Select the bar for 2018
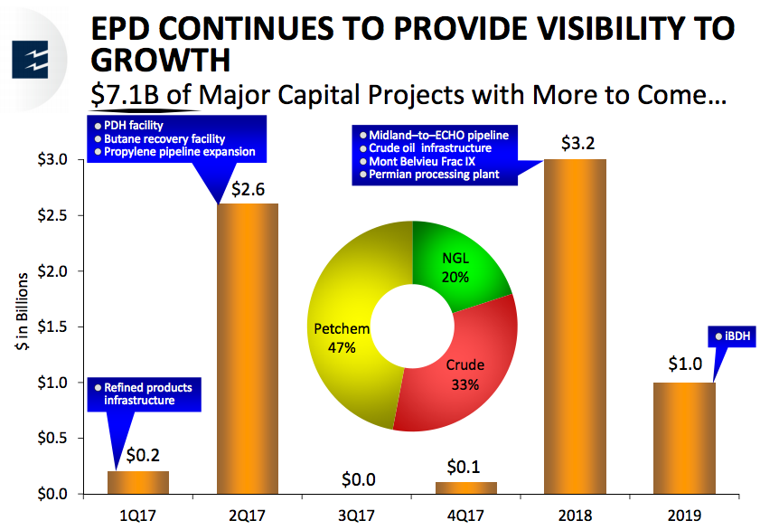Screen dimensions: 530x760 point(575,327)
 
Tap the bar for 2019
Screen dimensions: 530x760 point(684,438)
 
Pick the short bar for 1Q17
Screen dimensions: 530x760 point(137,482)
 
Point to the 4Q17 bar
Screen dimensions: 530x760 point(465,487)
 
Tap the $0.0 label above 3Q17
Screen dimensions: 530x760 point(356,479)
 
